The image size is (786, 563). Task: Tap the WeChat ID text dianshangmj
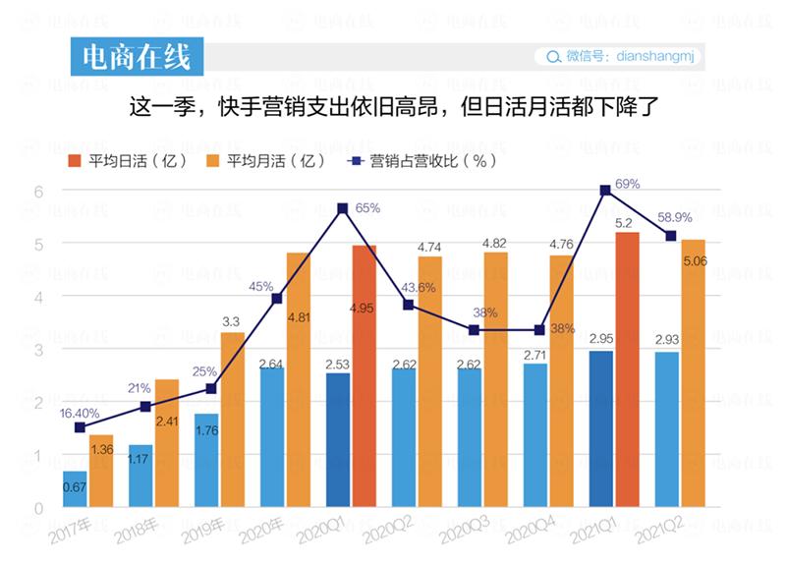tap(657, 57)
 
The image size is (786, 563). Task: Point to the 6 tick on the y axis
tap(39, 191)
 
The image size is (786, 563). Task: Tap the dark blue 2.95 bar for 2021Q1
tap(600, 429)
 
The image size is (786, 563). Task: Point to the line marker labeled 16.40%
tap(80, 427)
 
